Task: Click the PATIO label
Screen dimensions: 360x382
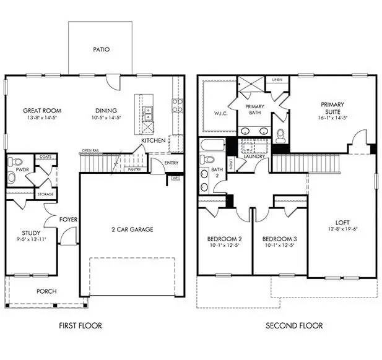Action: (x=101, y=49)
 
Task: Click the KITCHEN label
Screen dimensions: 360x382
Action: (x=153, y=141)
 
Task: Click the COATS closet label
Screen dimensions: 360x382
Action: (x=45, y=157)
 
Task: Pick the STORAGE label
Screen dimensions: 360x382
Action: (x=45, y=194)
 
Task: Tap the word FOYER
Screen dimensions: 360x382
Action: (x=67, y=219)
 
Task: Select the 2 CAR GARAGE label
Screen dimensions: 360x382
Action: (x=132, y=229)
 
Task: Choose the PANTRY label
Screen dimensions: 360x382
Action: (x=134, y=169)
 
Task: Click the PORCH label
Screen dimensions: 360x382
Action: (x=46, y=291)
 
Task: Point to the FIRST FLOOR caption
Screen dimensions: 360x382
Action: (x=80, y=325)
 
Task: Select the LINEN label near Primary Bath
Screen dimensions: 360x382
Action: (x=276, y=80)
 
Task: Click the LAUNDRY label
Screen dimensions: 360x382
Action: (x=254, y=156)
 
